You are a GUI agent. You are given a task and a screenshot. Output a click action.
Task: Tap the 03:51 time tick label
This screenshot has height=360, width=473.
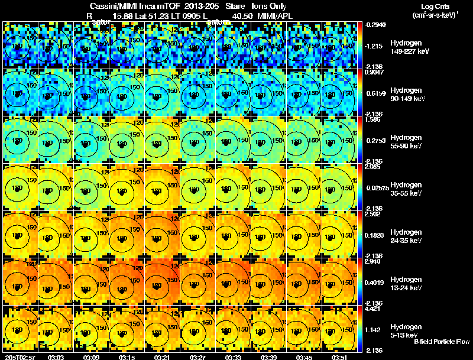coord(340,357)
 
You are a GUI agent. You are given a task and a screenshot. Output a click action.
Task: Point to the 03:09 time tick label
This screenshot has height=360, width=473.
coord(92,357)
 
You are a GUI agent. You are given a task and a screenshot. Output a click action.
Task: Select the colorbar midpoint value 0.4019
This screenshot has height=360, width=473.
coord(374,282)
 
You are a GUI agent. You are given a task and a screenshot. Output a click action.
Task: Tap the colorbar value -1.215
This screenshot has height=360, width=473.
coord(374,46)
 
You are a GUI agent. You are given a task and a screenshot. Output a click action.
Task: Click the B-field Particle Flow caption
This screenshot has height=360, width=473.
coord(440,342)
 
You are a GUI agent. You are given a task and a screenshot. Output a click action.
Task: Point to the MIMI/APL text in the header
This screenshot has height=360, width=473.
coord(274,15)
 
